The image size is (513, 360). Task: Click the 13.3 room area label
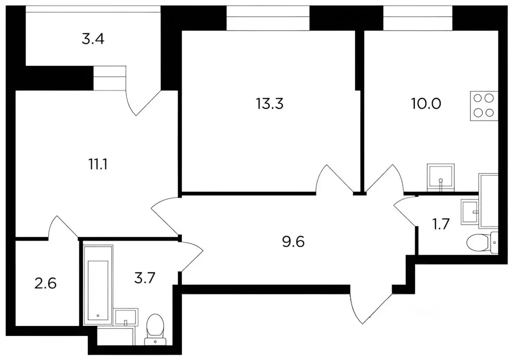(270, 104)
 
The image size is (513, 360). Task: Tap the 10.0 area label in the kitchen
(426, 103)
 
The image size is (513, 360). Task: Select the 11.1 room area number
(98, 164)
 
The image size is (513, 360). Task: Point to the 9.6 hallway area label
(293, 242)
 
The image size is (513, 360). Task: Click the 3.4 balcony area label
(93, 39)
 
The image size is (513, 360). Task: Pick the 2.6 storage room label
(46, 283)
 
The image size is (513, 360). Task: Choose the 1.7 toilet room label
(441, 224)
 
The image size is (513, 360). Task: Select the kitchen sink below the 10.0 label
(441, 177)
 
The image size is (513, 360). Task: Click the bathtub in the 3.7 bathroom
(98, 285)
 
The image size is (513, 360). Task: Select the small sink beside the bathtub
(126, 316)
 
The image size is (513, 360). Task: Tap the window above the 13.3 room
(268, 19)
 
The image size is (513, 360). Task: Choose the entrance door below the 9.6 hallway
(371, 304)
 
